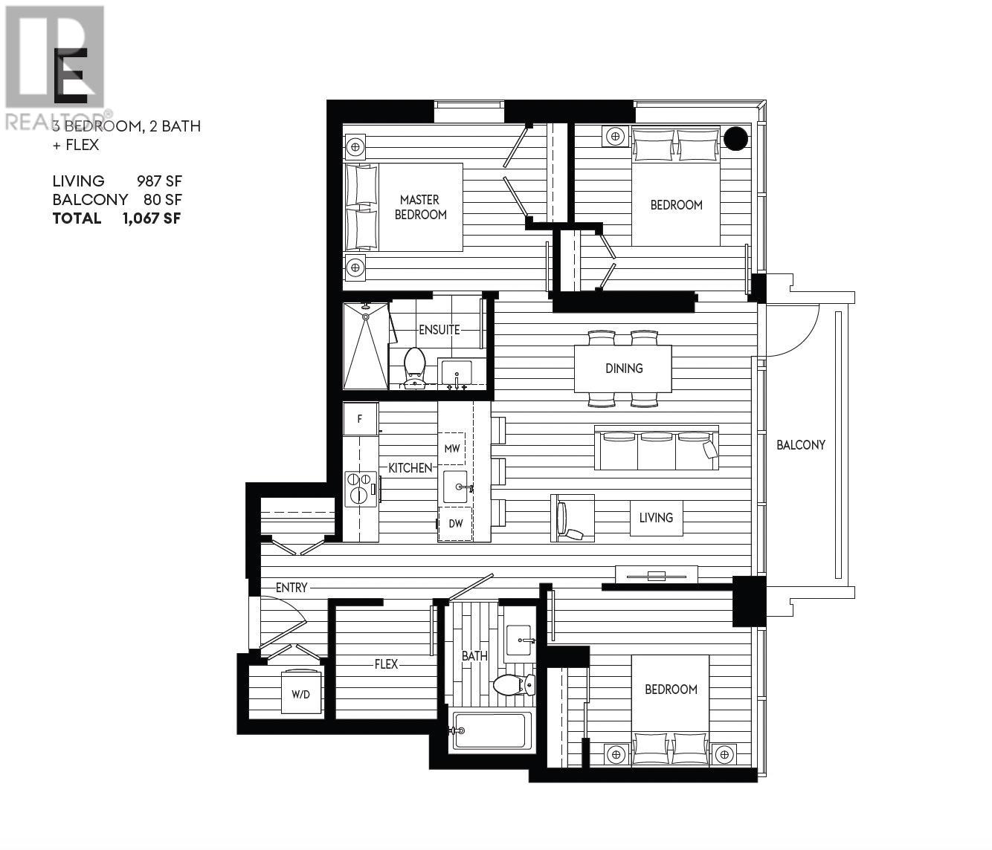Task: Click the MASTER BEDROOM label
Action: (420, 207)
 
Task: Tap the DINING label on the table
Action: (623, 369)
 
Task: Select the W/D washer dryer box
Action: (301, 695)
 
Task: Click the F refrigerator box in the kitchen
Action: (360, 419)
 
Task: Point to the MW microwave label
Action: (451, 449)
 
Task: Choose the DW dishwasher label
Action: (455, 523)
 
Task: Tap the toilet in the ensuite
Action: (413, 366)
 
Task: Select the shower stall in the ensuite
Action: (365, 345)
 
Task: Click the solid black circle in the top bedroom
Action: (735, 138)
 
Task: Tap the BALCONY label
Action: (800, 445)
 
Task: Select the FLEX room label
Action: (386, 664)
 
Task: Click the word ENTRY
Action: (291, 588)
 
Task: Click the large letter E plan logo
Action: (71, 75)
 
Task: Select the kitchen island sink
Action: (456, 487)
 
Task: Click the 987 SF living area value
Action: (159, 181)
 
